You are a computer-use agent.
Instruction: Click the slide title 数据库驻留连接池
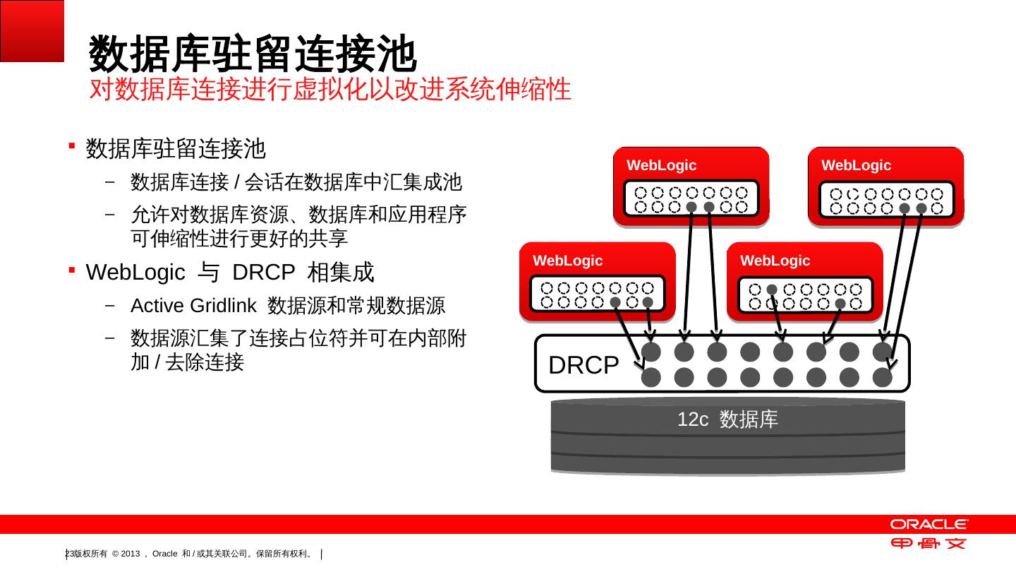point(253,55)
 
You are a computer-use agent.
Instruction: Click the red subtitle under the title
point(330,90)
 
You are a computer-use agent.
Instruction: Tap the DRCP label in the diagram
point(583,365)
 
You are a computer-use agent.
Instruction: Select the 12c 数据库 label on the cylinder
point(727,419)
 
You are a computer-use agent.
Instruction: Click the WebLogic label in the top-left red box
point(661,165)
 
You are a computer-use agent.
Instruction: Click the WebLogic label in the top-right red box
point(856,165)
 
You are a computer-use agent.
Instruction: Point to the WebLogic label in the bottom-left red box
point(568,261)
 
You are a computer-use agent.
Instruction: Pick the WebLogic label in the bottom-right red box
point(775,261)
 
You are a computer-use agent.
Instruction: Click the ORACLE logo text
point(929,524)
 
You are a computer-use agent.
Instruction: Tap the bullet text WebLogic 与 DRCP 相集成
point(230,272)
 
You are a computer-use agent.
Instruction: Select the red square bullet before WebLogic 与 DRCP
point(72,269)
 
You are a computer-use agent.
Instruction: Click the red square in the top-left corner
point(32,30)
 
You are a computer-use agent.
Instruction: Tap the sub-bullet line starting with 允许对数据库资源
point(298,215)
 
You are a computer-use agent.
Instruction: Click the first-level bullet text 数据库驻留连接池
point(176,149)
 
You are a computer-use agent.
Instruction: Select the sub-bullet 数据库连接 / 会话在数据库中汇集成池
point(296,183)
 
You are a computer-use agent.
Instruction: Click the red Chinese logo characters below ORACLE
point(928,544)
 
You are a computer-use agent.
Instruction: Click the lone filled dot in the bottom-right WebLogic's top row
point(772,290)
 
